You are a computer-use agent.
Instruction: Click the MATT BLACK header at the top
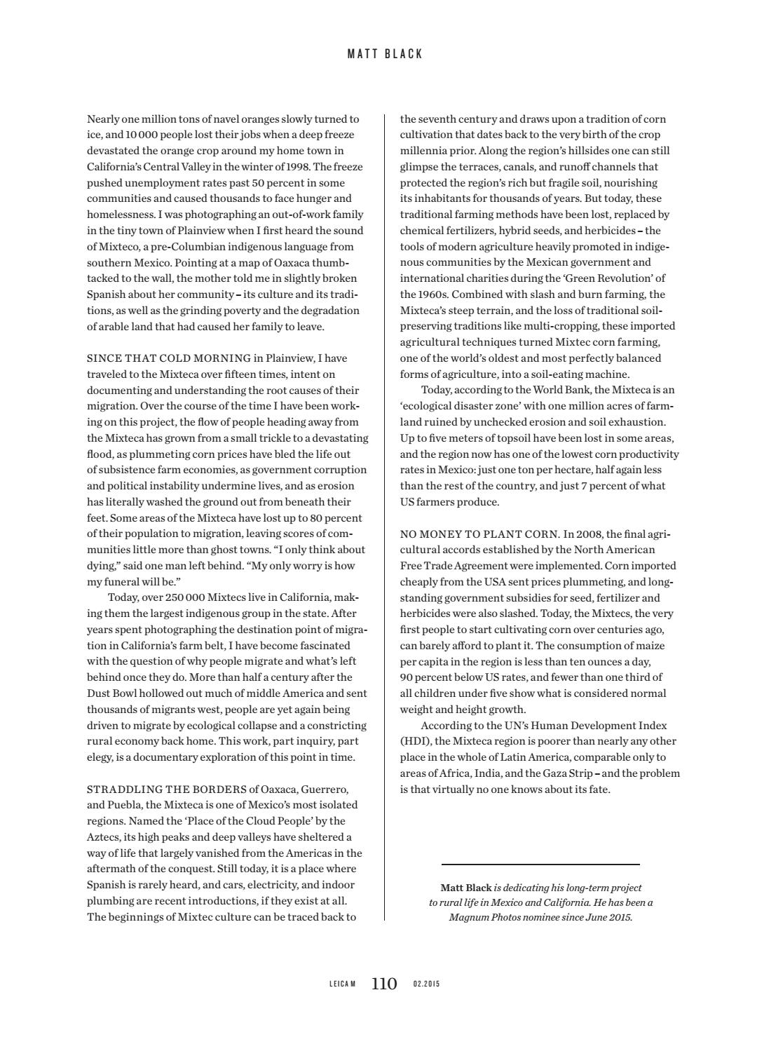pos(385,54)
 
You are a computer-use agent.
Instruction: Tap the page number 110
pos(384,984)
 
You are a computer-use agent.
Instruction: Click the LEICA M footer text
pos(343,984)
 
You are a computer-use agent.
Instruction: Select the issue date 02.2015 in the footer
pos(427,984)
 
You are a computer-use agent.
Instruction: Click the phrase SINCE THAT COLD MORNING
pos(169,358)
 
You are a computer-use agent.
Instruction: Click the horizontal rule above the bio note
pos(540,865)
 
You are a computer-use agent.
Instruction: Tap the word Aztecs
pos(102,837)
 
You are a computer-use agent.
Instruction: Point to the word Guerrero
pos(324,789)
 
